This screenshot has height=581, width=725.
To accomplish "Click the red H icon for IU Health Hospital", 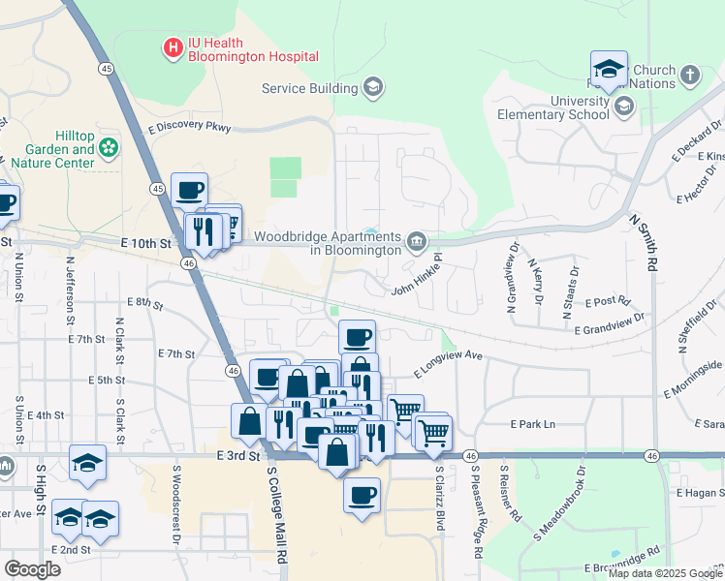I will (173, 47).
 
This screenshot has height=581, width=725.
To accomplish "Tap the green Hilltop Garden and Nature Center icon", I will (109, 147).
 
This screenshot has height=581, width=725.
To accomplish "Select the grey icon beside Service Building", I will (372, 89).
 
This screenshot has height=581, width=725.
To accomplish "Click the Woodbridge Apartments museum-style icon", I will (417, 240).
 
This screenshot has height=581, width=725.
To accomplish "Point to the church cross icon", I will (689, 75).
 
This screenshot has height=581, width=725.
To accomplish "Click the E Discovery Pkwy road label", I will (190, 127).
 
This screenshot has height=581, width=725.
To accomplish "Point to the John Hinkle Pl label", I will (416, 276).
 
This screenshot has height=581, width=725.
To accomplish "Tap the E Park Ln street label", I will (533, 424).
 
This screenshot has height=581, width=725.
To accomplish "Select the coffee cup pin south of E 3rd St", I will (362, 496).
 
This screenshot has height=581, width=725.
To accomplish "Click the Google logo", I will (32, 569).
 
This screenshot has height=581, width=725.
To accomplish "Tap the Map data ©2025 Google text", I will (664, 573).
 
